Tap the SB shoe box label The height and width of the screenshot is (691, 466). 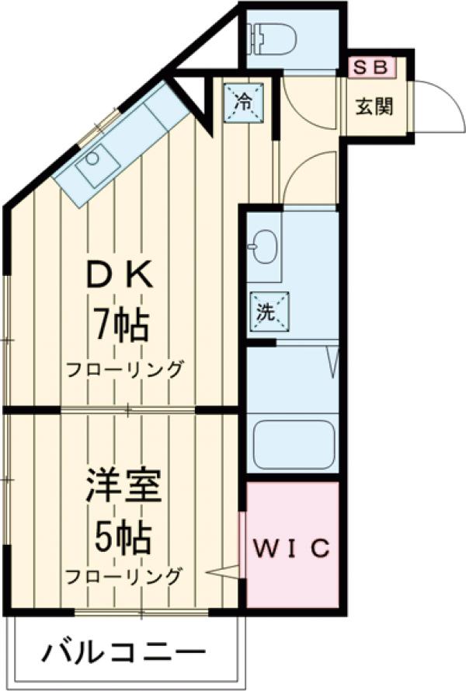371,67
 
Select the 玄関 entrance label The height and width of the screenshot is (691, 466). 374,106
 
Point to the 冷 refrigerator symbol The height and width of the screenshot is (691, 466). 242,101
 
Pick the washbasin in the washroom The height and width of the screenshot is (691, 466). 264,247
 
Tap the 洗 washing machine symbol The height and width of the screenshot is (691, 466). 267,312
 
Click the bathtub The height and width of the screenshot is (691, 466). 293,445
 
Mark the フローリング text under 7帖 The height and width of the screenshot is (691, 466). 124,368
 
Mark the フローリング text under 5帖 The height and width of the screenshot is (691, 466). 124,577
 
